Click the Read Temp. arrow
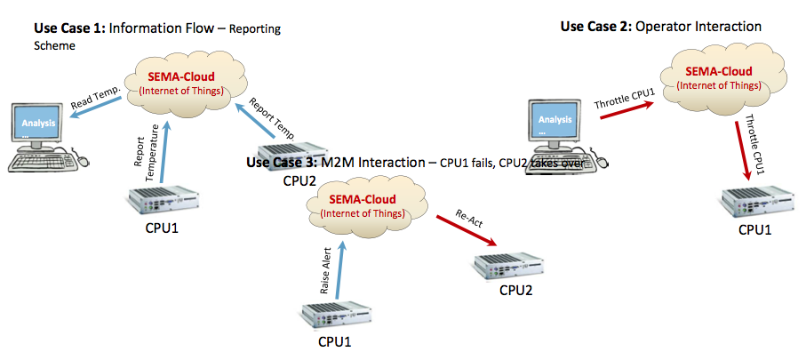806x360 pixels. pyautogui.click(x=97, y=115)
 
